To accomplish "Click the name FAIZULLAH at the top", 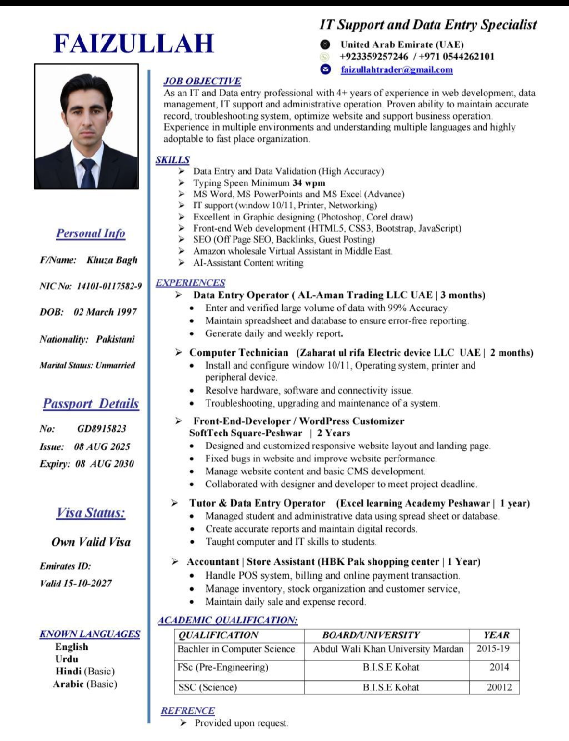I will tap(133, 43).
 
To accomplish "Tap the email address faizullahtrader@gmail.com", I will tap(396, 69).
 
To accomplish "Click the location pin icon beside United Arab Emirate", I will tap(326, 44).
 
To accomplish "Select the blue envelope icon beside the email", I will tap(326, 69).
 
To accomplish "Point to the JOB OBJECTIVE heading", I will tap(202, 81).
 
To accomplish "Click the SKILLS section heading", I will tap(172, 160).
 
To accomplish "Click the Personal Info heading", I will tap(91, 233).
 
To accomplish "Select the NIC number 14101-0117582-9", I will tap(109, 286).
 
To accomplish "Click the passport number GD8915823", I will tap(102, 429).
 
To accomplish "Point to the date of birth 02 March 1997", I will tap(105, 312).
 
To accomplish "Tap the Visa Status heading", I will tap(91, 513).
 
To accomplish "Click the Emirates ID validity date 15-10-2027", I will tap(87, 583).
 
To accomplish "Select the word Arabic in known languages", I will tap(68, 684).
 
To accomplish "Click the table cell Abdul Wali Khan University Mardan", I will tap(388, 649).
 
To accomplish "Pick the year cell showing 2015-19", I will tap(493, 649).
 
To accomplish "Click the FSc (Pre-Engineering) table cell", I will tap(222, 667).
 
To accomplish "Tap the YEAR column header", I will tap(496, 635).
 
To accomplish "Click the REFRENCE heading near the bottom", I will tap(187, 710).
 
